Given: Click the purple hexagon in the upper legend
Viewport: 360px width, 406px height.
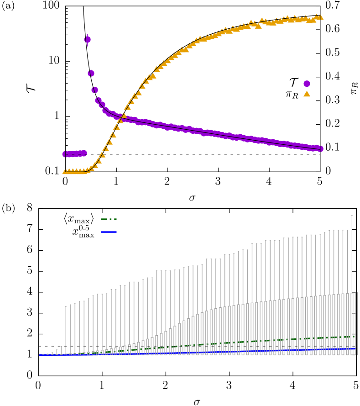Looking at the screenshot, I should (x=307, y=84).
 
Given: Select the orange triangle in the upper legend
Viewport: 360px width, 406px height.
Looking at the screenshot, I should (x=307, y=94).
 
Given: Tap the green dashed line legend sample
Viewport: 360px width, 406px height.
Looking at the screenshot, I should (x=109, y=219).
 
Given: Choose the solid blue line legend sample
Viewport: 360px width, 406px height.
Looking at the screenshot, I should (x=109, y=232).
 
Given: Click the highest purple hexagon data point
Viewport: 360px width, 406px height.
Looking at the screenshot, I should (x=88, y=40).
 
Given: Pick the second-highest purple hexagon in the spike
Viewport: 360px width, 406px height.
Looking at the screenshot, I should (x=91, y=74).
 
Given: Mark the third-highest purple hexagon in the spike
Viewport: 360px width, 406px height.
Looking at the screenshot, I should (x=94, y=90).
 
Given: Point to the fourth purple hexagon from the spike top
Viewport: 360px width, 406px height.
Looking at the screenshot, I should (x=98, y=100).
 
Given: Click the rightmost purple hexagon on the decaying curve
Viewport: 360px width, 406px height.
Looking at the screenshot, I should (x=320, y=149).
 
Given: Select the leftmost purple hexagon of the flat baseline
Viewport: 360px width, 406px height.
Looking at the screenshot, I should (x=65, y=154).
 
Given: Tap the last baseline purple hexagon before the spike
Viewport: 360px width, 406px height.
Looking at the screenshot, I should (x=84, y=153).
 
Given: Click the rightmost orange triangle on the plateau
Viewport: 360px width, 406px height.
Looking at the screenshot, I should (x=321, y=17).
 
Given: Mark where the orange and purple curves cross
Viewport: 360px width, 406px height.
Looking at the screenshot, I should (x=122, y=117).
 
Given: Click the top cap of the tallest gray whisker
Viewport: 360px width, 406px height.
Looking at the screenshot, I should (x=352, y=216).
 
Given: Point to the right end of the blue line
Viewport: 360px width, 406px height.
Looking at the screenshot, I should (x=356, y=348).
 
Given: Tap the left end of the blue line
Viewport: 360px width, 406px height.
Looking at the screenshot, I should (x=40, y=355).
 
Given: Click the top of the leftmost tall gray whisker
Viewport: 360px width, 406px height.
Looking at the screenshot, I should (x=66, y=306).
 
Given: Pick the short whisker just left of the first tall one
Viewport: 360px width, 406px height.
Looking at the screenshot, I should (x=61, y=346).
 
